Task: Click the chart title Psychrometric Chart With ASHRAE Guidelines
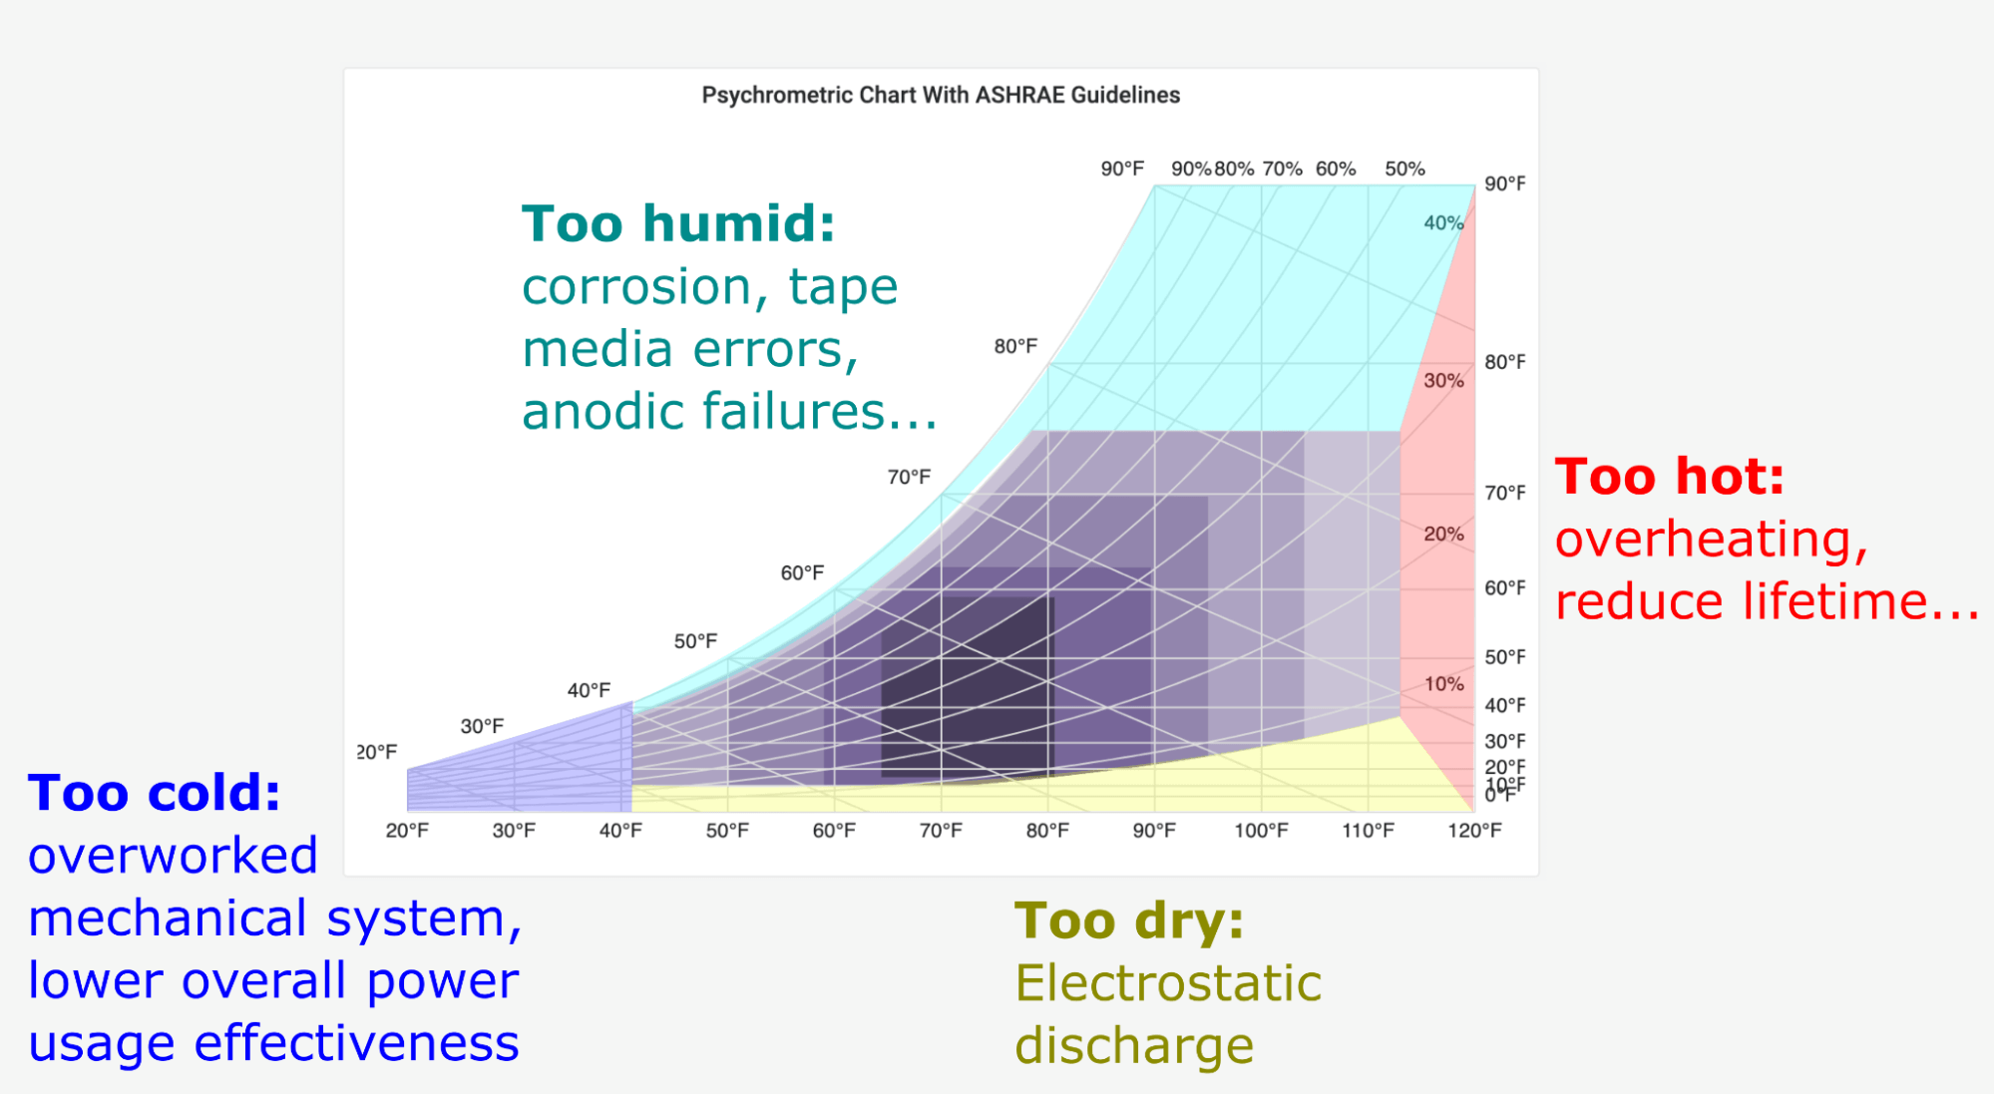pos(941,95)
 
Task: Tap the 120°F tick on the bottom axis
pos(1474,831)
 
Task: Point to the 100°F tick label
pos(1261,831)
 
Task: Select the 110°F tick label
pos(1368,831)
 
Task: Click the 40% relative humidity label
pos(1443,223)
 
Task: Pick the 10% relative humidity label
pos(1443,684)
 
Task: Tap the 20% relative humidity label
pos(1443,535)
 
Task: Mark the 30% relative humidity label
pos(1443,381)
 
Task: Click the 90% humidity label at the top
pos(1191,170)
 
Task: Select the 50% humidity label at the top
pos(1404,170)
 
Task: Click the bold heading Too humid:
pos(678,223)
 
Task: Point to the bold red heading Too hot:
pos(1670,477)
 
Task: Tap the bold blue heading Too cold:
pos(155,794)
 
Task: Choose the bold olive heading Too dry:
pos(1129,920)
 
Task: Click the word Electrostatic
pos(1168,983)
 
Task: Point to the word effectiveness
pos(356,1043)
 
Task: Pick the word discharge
pos(1134,1047)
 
